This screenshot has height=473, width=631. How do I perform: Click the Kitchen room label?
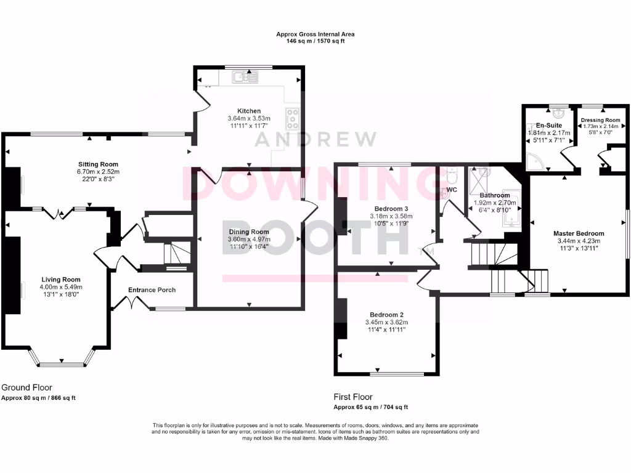click(248, 111)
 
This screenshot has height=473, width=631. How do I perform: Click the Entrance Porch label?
click(152, 290)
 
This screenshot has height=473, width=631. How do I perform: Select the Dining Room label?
click(248, 232)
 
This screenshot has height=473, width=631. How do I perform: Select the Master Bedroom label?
click(578, 233)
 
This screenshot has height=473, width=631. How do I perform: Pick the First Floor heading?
click(353, 397)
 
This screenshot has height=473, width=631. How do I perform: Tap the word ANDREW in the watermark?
click(315, 139)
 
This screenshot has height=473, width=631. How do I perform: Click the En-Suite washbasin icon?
click(558, 114)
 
